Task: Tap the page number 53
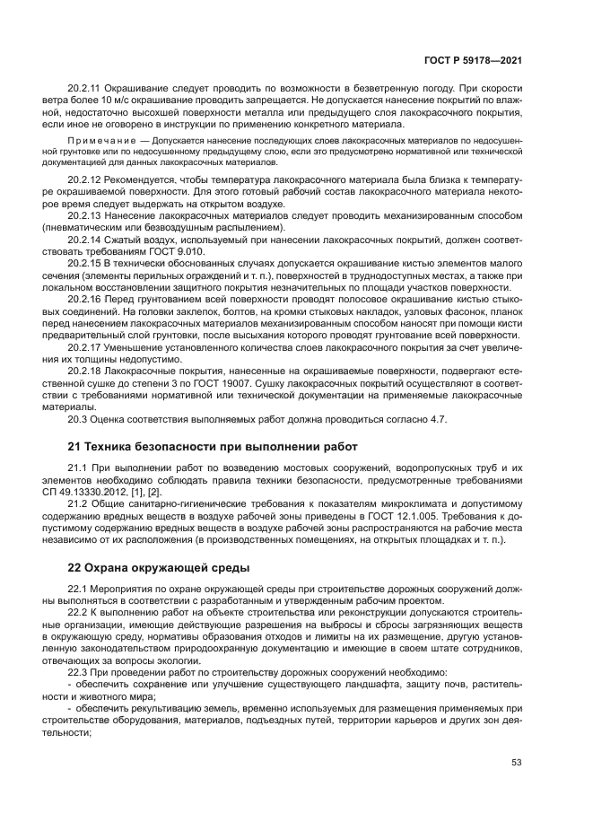coord(516,763)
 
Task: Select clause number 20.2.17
coord(85,347)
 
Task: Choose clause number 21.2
coord(78,506)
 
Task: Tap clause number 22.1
coord(78,590)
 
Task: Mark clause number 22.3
coord(78,672)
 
